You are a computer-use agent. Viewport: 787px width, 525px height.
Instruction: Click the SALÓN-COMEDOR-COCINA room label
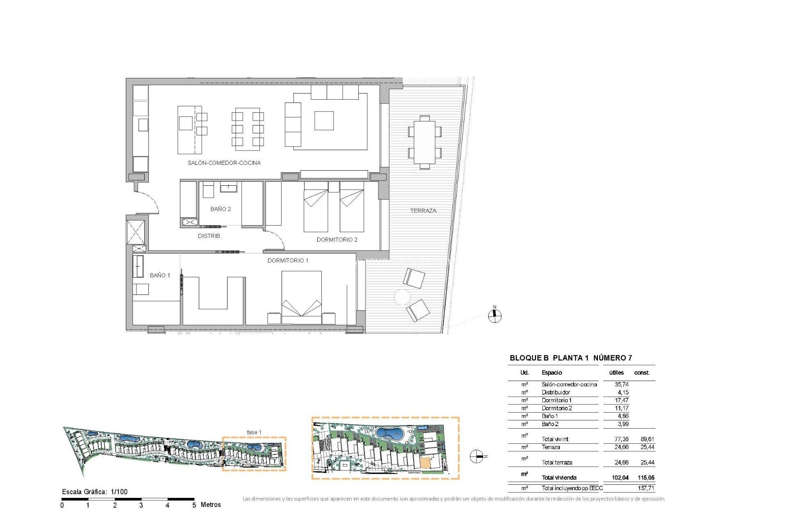[224, 163]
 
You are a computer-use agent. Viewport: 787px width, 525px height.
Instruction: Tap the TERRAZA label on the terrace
[423, 210]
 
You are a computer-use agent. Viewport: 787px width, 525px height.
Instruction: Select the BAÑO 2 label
[220, 209]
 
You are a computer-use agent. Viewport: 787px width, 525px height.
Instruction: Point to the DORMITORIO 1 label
[288, 260]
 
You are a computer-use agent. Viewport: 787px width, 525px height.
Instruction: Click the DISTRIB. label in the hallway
[209, 236]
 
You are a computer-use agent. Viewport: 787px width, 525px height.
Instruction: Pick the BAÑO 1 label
[159, 275]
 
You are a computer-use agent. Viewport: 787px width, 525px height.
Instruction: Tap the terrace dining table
[425, 142]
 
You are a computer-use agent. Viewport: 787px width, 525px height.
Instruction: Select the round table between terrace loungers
[402, 297]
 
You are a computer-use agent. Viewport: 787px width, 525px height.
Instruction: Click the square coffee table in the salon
[324, 121]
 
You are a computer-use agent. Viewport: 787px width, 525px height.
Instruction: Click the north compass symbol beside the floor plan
[495, 315]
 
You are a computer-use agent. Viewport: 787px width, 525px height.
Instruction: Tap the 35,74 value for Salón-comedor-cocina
[621, 384]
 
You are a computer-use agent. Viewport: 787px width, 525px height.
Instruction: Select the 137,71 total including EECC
[646, 488]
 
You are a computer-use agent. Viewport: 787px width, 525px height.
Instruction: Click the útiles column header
[616, 372]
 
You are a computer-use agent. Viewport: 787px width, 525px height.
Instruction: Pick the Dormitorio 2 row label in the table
[557, 408]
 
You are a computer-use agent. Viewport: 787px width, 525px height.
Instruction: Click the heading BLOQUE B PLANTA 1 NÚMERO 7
[571, 358]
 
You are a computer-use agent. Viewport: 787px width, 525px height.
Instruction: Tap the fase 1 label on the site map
[254, 432]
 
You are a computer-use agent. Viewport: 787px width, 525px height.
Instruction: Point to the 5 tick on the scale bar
[194, 505]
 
